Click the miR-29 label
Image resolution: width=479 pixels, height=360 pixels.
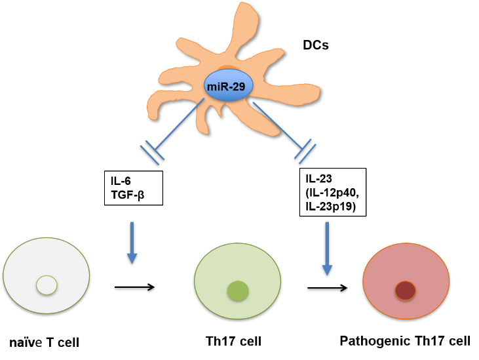click(x=228, y=85)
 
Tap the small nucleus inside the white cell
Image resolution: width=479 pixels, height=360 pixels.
click(x=47, y=285)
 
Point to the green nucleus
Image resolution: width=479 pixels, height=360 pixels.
click(x=238, y=290)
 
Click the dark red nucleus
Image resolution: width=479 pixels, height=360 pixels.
click(x=405, y=290)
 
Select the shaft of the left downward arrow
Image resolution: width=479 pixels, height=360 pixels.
click(x=132, y=236)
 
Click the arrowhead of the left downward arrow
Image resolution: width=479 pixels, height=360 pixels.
click(x=132, y=258)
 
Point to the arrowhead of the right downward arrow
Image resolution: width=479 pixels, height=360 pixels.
click(x=327, y=270)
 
